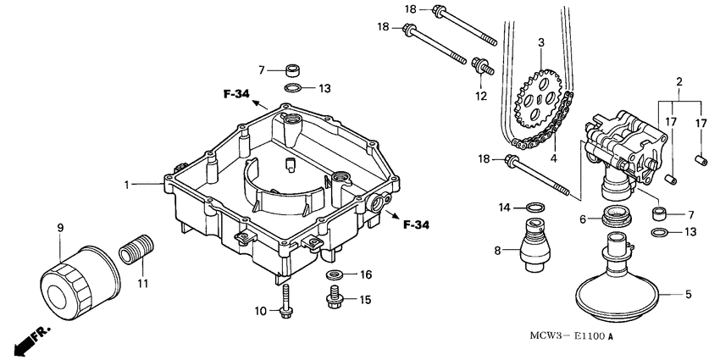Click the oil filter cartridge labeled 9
(x=80, y=283)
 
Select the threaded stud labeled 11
(x=136, y=248)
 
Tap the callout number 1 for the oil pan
(x=127, y=185)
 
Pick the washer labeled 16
(x=335, y=275)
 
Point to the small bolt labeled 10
(x=285, y=301)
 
